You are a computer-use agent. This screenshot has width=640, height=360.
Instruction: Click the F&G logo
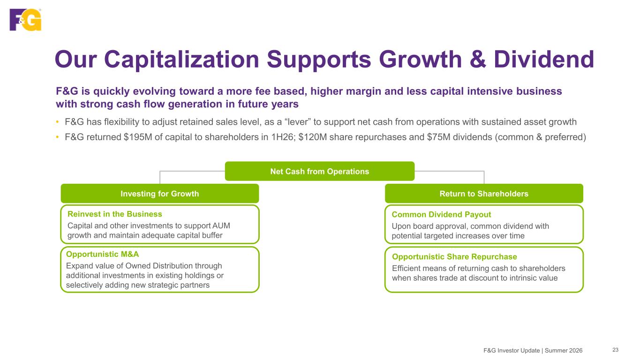(26, 19)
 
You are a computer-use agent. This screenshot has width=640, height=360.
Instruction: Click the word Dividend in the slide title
(544, 60)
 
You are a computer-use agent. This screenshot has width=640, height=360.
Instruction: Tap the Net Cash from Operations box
(320, 171)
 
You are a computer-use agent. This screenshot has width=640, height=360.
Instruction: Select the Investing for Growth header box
(160, 194)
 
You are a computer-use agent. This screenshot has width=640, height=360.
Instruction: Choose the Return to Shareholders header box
(484, 194)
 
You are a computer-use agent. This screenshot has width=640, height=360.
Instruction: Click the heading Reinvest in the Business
(115, 214)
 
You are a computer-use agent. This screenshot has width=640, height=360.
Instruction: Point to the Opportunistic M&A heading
(102, 254)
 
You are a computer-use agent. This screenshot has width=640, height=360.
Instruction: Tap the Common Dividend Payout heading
(441, 214)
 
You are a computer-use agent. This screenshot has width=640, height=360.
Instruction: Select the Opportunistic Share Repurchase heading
(455, 256)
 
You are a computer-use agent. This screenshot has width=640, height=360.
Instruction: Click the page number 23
(616, 350)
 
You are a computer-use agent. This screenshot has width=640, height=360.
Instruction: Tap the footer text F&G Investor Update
(512, 351)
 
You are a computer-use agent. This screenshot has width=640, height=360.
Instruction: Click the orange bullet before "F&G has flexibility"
(57, 122)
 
